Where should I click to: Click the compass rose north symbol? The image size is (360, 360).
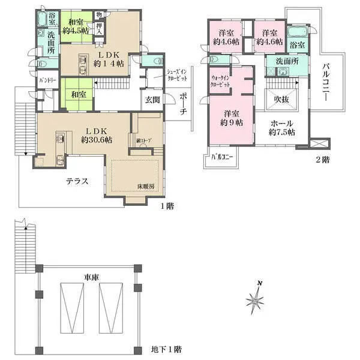tap(257, 298)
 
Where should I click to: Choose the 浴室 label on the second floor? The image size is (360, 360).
tap(297, 44)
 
